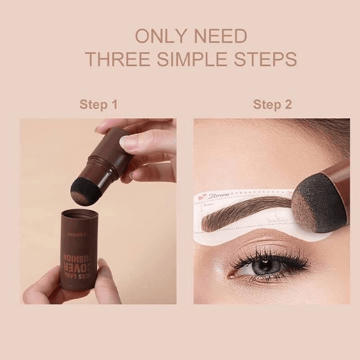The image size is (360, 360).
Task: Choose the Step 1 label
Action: pyautogui.click(x=99, y=105)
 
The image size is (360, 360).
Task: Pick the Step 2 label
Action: pyautogui.click(x=272, y=105)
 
